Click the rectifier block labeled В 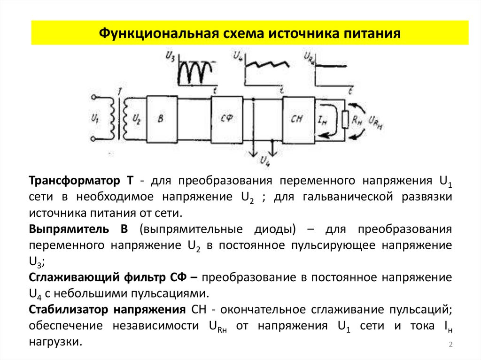162,119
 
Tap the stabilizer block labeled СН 298,119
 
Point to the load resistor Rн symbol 345,120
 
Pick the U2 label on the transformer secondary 137,119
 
